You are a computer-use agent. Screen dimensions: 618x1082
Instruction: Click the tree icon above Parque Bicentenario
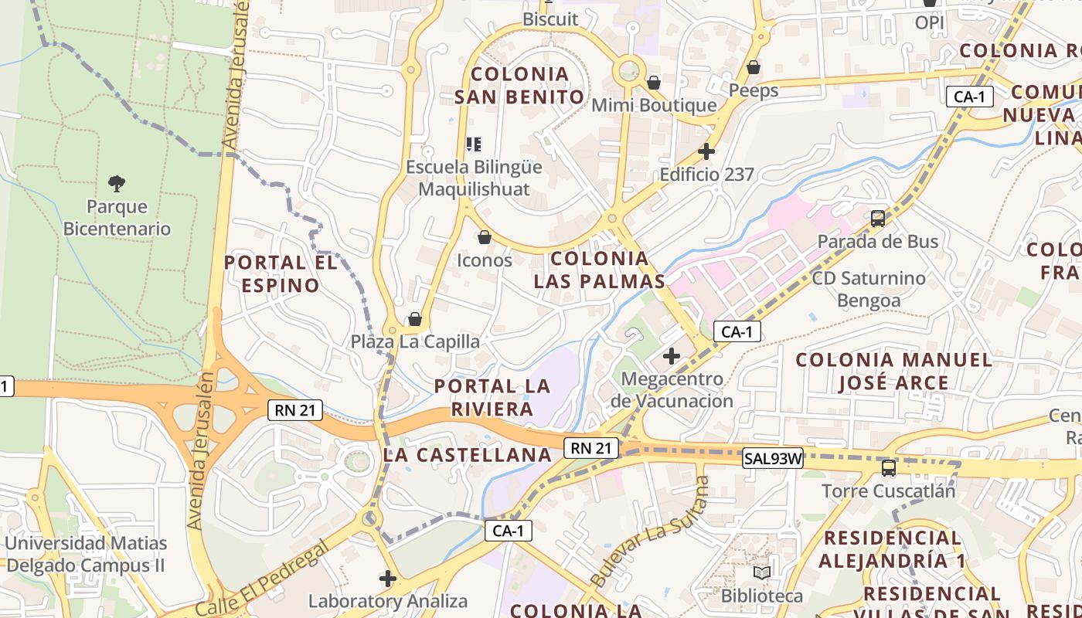117,184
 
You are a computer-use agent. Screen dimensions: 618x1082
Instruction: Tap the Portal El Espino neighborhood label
281,274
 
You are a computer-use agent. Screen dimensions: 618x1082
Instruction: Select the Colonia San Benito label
519,86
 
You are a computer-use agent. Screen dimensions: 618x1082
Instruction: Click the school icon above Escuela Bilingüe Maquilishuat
474,144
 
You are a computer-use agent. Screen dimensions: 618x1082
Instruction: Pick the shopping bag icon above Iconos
485,237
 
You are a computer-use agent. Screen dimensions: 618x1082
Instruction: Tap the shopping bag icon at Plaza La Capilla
415,319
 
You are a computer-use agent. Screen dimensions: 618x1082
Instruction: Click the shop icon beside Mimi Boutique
654,82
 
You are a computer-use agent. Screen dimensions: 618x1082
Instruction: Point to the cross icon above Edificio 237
706,151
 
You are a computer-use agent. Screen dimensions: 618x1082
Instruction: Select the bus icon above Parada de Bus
878,219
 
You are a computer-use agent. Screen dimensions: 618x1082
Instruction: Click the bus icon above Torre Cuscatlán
889,468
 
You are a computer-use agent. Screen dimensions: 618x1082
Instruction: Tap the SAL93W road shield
773,459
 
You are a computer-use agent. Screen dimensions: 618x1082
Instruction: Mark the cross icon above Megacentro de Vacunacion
672,356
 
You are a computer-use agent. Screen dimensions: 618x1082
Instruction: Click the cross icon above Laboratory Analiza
388,578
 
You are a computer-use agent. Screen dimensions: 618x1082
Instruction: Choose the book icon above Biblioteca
762,572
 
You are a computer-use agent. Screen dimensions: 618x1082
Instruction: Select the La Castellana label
468,455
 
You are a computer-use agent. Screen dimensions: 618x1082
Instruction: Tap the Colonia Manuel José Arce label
893,371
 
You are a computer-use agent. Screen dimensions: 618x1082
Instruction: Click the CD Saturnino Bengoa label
869,289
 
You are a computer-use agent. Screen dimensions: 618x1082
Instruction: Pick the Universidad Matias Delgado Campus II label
85,554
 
